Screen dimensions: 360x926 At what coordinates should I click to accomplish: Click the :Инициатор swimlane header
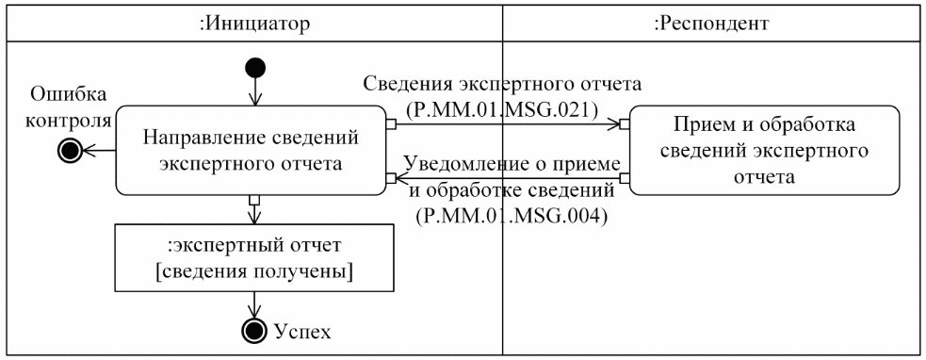coord(252,24)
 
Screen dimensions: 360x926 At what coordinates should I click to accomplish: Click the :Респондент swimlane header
coord(712,24)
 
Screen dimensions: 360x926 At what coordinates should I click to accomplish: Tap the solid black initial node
coord(254,68)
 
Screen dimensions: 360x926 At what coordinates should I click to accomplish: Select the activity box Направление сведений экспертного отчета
coord(252,148)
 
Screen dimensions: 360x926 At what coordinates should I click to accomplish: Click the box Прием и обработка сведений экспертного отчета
coord(763,149)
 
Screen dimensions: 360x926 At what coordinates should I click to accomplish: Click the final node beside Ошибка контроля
coord(71,149)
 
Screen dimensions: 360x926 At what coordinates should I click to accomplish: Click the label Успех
coord(301,331)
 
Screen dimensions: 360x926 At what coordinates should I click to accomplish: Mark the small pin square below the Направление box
coord(253,200)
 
